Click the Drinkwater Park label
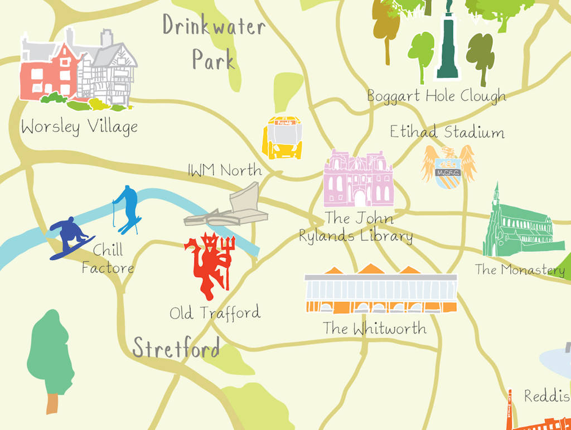(214, 42)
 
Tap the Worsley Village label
(79, 127)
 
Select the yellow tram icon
(282, 138)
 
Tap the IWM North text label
(225, 170)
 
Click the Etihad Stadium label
(447, 132)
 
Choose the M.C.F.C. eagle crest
(448, 166)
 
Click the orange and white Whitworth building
(381, 290)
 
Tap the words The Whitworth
(375, 328)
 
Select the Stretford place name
(176, 347)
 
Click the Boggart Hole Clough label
(436, 96)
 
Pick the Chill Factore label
(108, 258)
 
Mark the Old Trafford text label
(215, 313)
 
